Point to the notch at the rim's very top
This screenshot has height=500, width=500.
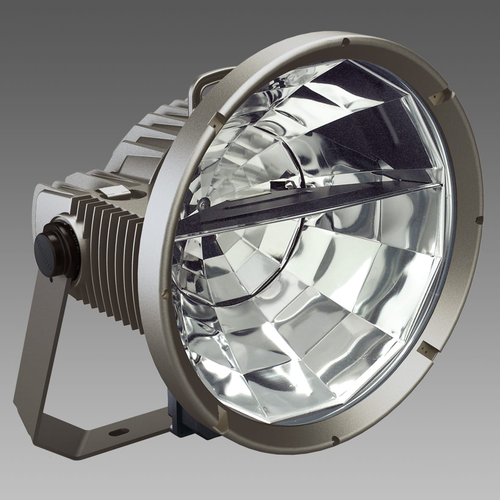point(346,42)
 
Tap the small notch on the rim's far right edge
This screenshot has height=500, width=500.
point(479,219)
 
